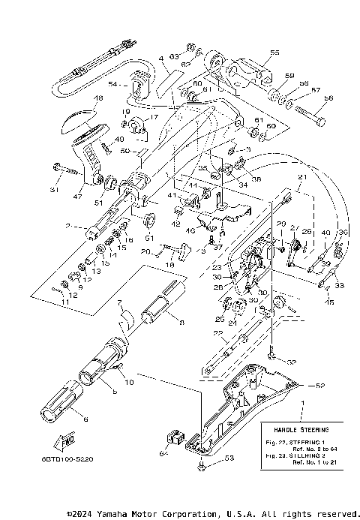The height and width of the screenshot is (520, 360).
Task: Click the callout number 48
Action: point(98,98)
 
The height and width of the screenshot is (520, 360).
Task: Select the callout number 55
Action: point(274,53)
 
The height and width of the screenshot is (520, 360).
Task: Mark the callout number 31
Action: point(54,189)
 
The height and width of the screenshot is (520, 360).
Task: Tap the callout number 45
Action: point(331,302)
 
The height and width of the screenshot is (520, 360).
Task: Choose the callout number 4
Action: point(160,58)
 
